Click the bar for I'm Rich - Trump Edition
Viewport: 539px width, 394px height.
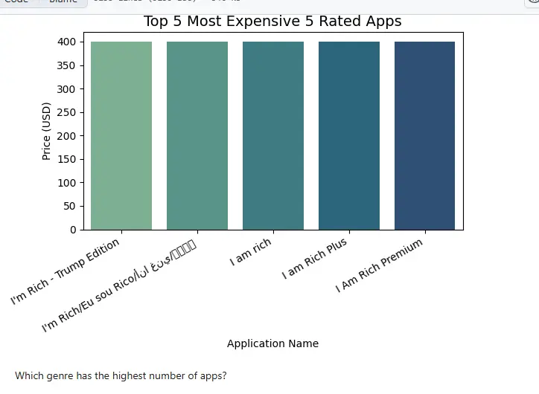coord(121,135)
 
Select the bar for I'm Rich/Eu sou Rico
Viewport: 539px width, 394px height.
coord(197,135)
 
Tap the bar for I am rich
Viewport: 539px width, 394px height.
coord(272,135)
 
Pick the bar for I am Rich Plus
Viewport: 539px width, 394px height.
coord(348,135)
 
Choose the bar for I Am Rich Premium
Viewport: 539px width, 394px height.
coord(424,135)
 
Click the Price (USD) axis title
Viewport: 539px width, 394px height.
coord(46,131)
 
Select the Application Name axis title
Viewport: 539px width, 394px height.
coord(272,343)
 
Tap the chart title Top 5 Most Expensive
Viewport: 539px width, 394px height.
coord(272,21)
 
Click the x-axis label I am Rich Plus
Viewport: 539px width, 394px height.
coord(315,259)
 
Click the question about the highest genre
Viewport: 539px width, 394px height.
coord(121,376)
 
